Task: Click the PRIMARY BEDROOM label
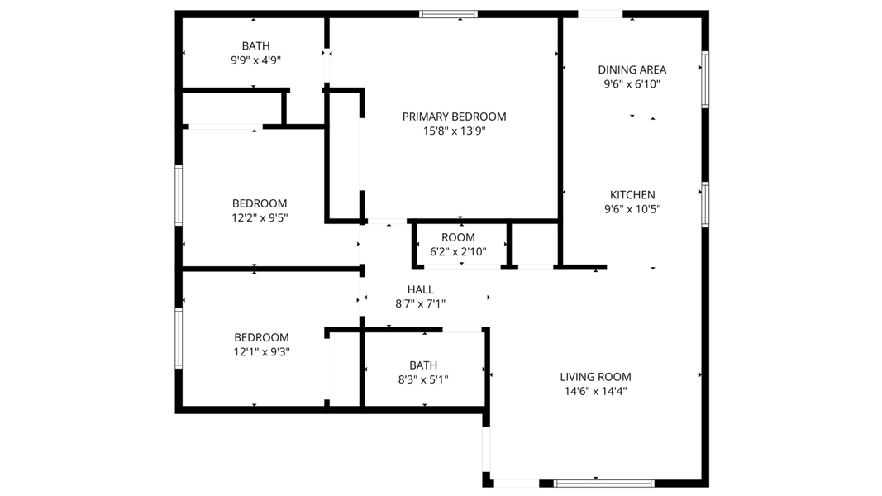click(454, 117)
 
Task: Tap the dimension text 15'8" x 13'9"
click(454, 131)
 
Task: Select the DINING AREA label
click(632, 69)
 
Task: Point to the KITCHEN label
click(632, 194)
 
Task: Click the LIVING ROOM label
click(595, 377)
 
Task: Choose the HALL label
click(420, 289)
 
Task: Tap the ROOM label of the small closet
click(458, 237)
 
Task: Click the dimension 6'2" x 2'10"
click(458, 252)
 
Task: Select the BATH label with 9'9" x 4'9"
click(255, 46)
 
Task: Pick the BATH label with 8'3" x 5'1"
click(423, 365)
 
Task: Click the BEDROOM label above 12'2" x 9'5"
click(260, 203)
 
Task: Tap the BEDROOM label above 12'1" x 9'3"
click(261, 337)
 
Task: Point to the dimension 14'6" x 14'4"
click(595, 391)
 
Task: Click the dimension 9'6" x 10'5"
click(632, 209)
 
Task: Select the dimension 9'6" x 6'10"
click(632, 84)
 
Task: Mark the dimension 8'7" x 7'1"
click(420, 304)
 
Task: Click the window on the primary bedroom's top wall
click(448, 14)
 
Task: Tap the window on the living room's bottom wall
click(603, 483)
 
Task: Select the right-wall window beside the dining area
click(705, 79)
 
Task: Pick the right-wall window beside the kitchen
click(705, 205)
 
